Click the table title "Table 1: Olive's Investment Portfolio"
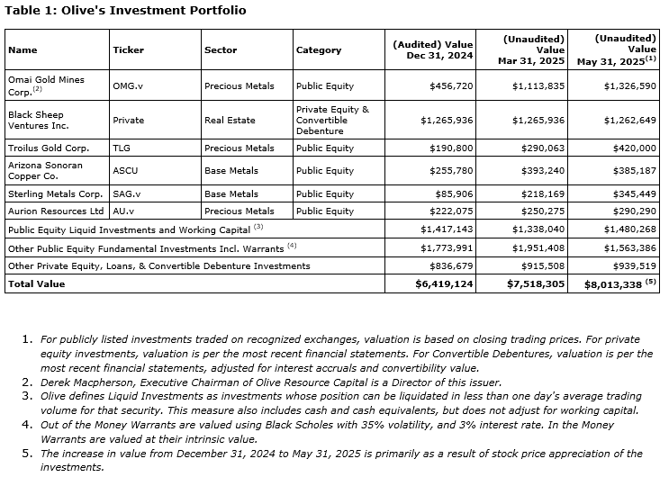125,10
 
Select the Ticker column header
128,50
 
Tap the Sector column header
220,50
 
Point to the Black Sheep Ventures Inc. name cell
45,120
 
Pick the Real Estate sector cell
230,120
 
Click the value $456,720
448,85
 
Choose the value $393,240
539,170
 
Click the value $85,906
452,193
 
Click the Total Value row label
36,283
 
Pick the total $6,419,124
443,283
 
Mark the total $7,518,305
535,283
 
